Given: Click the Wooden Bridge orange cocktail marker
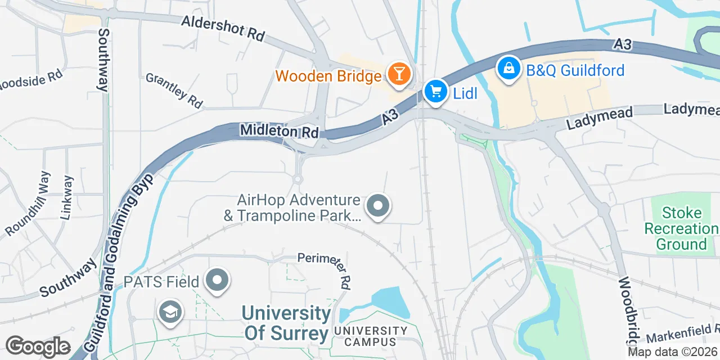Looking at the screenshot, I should pyautogui.click(x=399, y=74).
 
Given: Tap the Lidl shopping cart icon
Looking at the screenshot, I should pyautogui.click(x=435, y=91).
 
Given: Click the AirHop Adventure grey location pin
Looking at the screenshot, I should pyautogui.click(x=378, y=206).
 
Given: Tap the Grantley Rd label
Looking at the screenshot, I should pyautogui.click(x=174, y=90).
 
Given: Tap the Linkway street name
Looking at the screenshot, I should pyautogui.click(x=67, y=197).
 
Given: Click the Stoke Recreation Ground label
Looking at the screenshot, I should pyautogui.click(x=681, y=228).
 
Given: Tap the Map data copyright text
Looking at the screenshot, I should pyautogui.click(x=672, y=352).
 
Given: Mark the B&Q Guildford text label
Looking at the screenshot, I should pyautogui.click(x=575, y=70).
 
